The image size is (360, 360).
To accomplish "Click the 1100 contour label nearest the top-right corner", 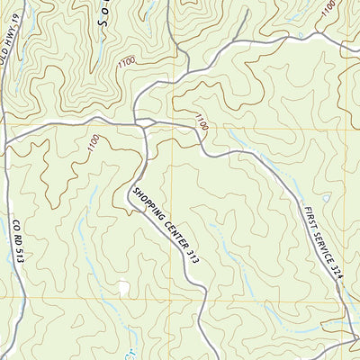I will click(x=328, y=7).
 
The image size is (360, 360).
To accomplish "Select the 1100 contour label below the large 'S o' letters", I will click(x=126, y=60).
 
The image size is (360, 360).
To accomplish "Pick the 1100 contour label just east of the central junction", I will click(x=199, y=121).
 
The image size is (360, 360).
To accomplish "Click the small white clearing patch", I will click(x=123, y=288).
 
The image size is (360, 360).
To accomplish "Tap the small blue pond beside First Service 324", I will click(x=326, y=198).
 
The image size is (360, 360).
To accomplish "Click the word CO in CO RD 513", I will click(x=17, y=221).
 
